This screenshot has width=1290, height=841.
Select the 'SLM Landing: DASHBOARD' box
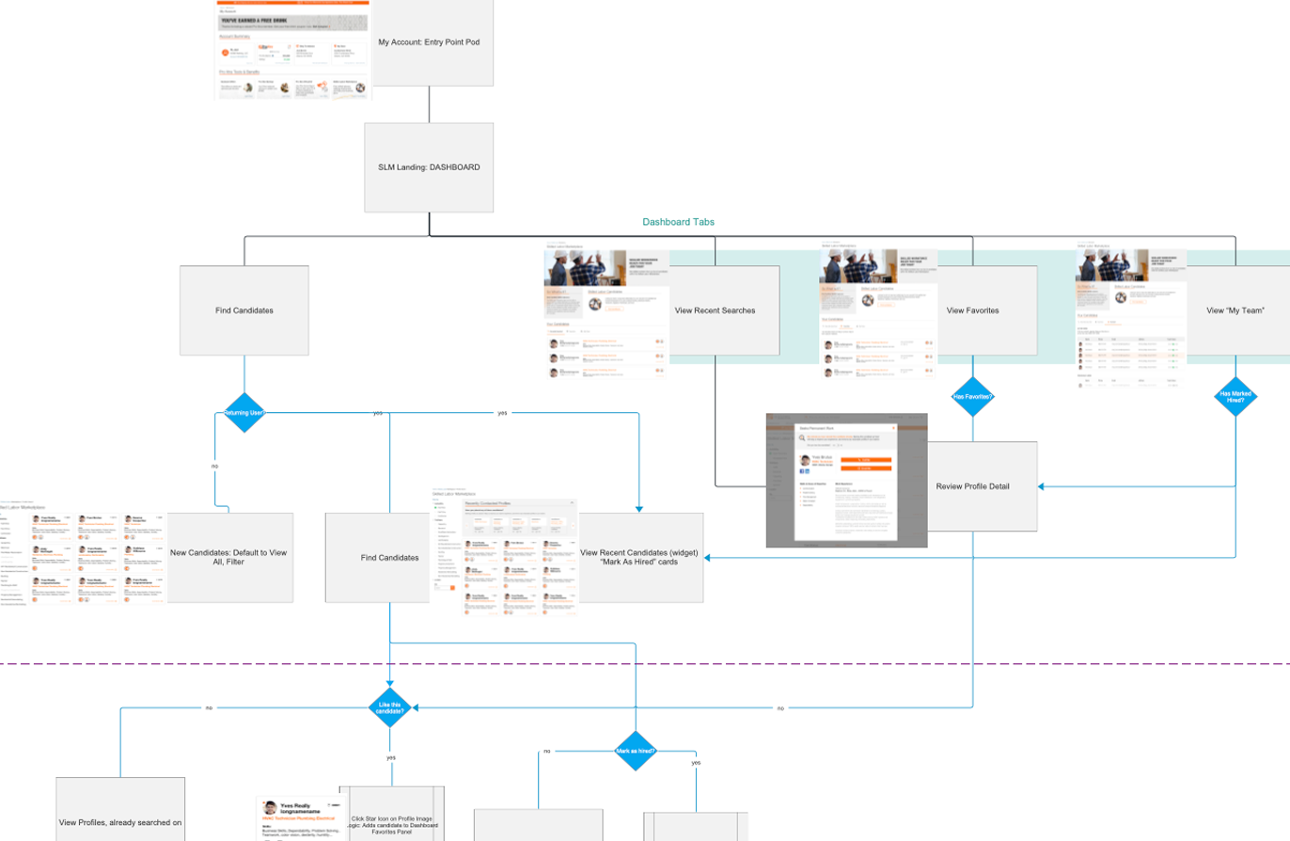coord(429,167)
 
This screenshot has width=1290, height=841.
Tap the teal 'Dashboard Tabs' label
coord(678,223)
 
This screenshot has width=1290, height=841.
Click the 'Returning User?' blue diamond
coord(244,412)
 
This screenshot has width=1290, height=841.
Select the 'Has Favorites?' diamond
coord(973,396)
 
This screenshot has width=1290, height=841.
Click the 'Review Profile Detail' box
coord(983,486)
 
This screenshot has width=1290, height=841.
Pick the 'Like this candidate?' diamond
coord(390,706)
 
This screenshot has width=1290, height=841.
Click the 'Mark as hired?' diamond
coord(636,751)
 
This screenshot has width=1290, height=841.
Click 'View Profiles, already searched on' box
coord(120,821)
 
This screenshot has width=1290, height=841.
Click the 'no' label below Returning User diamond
coord(214,465)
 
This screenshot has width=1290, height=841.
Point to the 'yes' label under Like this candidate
coord(390,756)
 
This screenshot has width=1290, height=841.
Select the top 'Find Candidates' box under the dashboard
coord(244,309)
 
